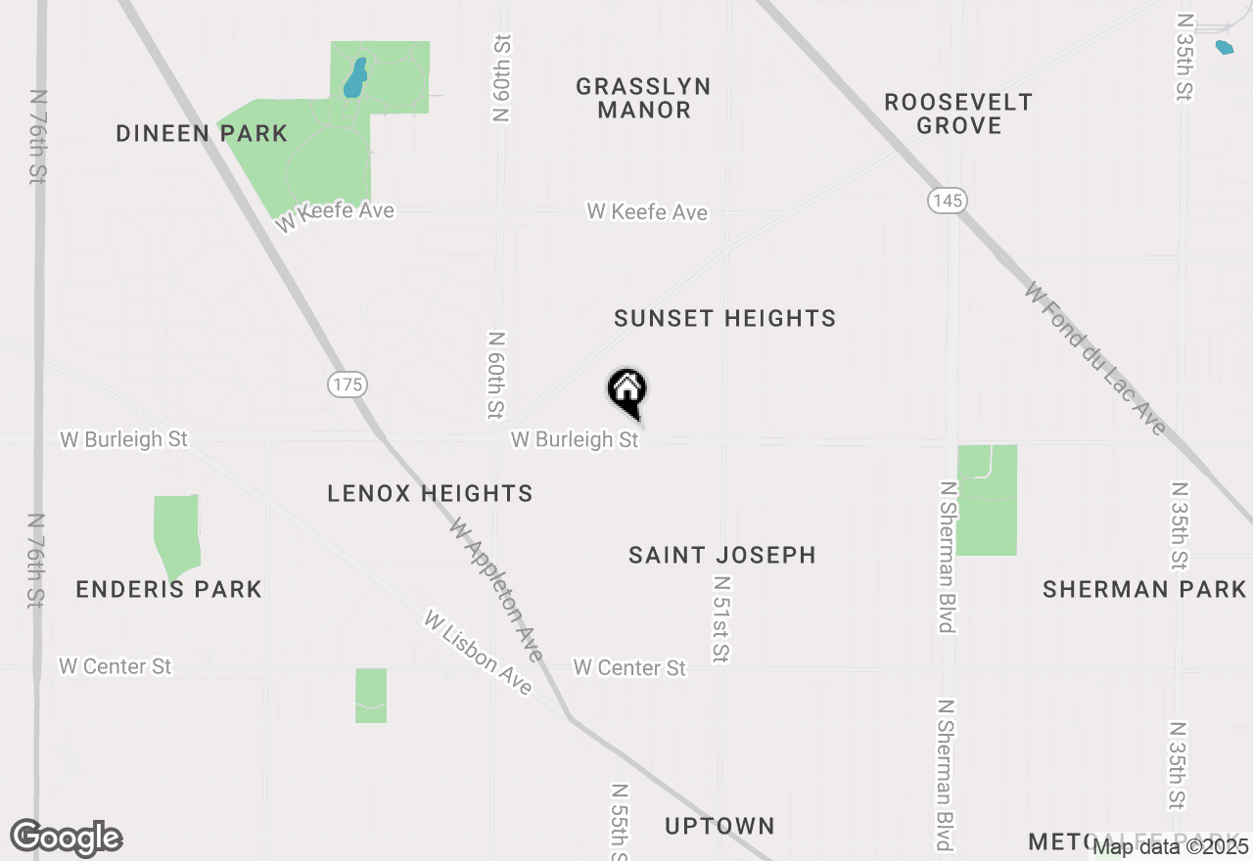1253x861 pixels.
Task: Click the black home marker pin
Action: [x=627, y=391]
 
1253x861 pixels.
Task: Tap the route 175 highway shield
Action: [x=348, y=385]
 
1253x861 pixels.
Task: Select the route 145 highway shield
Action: [x=947, y=201]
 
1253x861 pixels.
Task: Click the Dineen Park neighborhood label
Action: [x=202, y=133]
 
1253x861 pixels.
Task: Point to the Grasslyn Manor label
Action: [x=643, y=98]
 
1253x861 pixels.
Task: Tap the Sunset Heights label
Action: [x=724, y=318]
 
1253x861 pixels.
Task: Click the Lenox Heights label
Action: [x=430, y=493]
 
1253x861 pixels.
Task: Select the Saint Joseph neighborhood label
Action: [x=722, y=555]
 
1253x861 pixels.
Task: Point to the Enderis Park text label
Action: [x=168, y=589]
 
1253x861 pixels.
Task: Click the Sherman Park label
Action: [x=1144, y=589]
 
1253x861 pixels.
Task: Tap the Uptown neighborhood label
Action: [x=719, y=826]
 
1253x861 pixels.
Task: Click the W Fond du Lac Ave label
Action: [x=1096, y=358]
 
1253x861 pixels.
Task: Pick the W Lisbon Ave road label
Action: [x=478, y=653]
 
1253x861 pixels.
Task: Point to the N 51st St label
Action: [x=721, y=618]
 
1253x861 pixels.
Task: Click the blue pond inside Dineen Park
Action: [x=354, y=79]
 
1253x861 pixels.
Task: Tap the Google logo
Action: [x=67, y=838]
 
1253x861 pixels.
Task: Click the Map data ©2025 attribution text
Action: [x=1171, y=846]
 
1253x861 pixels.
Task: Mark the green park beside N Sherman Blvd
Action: [x=987, y=500]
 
